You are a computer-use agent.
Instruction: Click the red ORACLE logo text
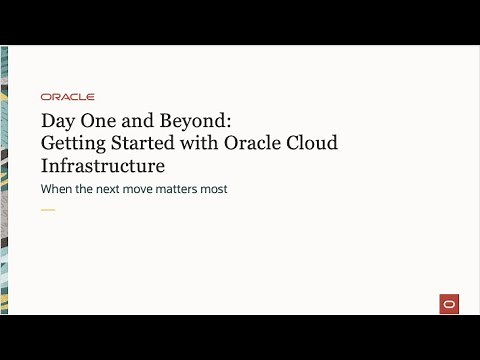click(68, 97)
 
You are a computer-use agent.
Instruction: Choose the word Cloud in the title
click(312, 143)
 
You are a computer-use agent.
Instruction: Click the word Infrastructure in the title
click(103, 165)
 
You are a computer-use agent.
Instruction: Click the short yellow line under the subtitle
click(48, 210)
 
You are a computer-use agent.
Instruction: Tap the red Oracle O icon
click(447, 304)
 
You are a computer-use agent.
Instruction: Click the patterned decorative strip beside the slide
click(7, 180)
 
